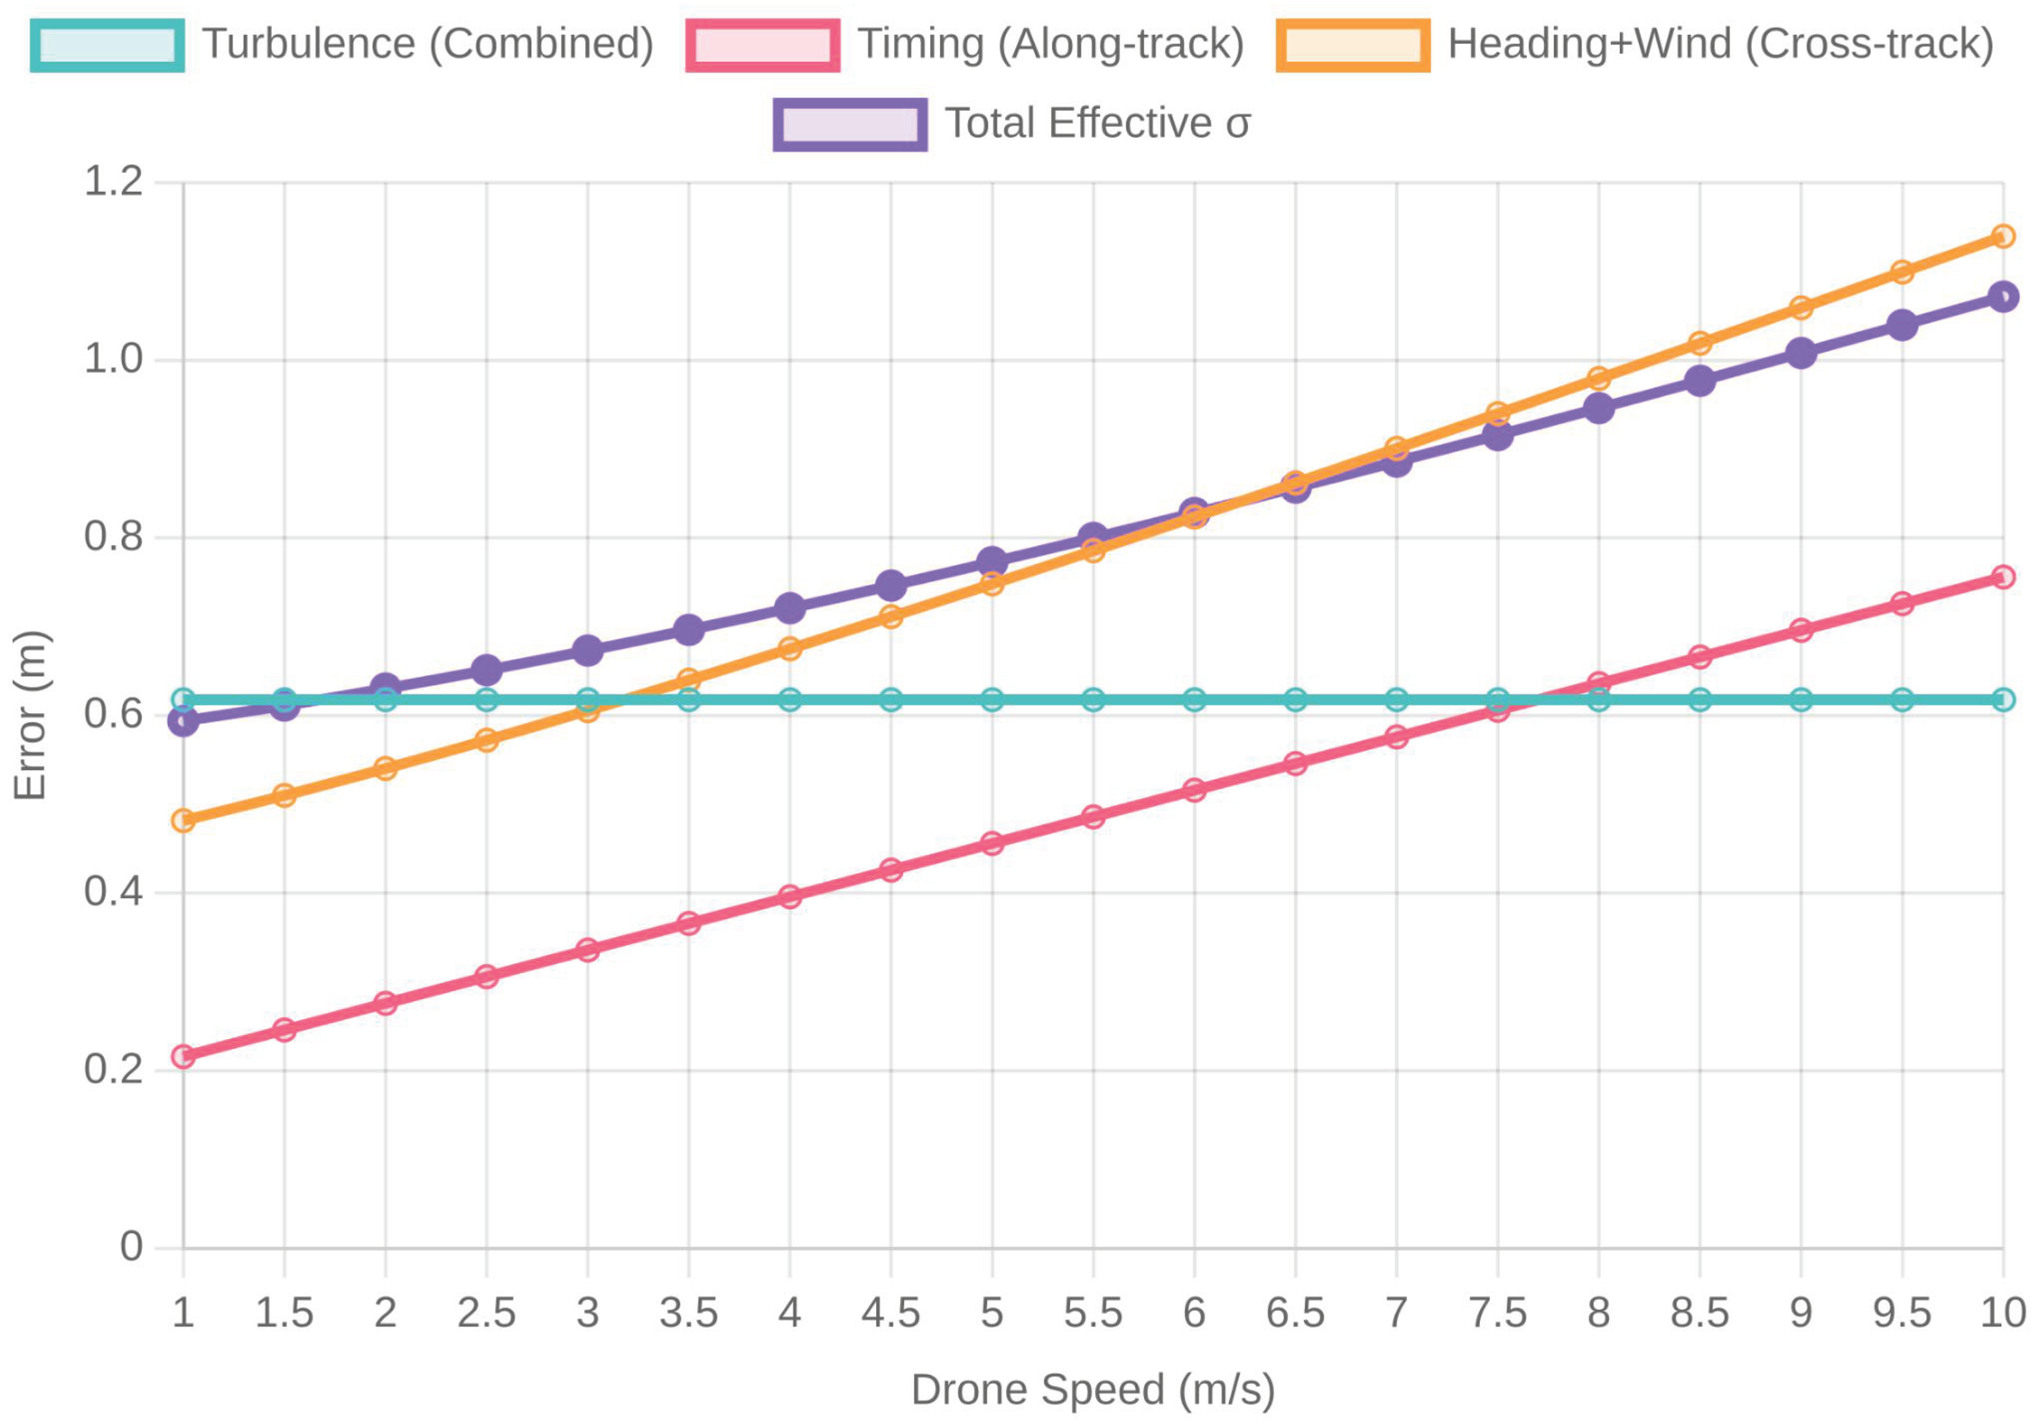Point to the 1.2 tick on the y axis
pyautogui.click(x=113, y=182)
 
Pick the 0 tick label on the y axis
pyautogui.click(x=131, y=1246)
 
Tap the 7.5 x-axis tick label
pyautogui.click(x=1498, y=1313)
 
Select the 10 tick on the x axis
pyautogui.click(x=2002, y=1313)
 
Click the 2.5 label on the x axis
pyautogui.click(x=486, y=1313)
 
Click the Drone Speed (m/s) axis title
pyautogui.click(x=1093, y=1390)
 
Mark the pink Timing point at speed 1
pyautogui.click(x=183, y=1056)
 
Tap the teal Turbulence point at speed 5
pyautogui.click(x=992, y=699)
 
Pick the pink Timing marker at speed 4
pyautogui.click(x=789, y=896)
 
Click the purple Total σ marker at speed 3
pyautogui.click(x=588, y=650)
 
